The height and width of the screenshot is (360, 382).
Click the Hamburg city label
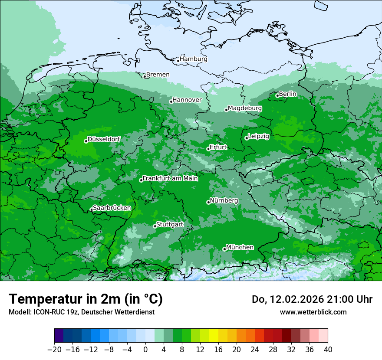(194, 59)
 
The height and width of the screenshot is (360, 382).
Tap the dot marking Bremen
(145, 76)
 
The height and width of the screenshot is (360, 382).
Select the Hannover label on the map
(187, 100)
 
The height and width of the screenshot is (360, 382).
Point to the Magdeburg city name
(245, 108)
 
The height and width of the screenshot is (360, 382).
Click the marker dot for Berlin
(277, 95)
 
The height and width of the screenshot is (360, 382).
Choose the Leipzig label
(259, 137)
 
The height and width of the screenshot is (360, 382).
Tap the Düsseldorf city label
(104, 140)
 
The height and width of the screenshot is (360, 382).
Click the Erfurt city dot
(208, 149)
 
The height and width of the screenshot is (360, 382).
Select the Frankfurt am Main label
(170, 178)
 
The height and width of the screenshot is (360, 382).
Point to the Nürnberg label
(224, 201)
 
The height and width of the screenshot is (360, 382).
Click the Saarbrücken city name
(112, 208)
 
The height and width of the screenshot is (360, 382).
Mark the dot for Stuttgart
(155, 226)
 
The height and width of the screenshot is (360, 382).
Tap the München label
(240, 248)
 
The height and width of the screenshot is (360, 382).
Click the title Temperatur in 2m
(86, 299)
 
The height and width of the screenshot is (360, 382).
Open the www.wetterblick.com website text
(313, 312)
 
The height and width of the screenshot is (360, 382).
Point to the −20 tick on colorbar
(55, 350)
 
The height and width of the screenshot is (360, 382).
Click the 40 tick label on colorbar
(328, 350)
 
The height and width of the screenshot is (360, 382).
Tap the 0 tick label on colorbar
(145, 350)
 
